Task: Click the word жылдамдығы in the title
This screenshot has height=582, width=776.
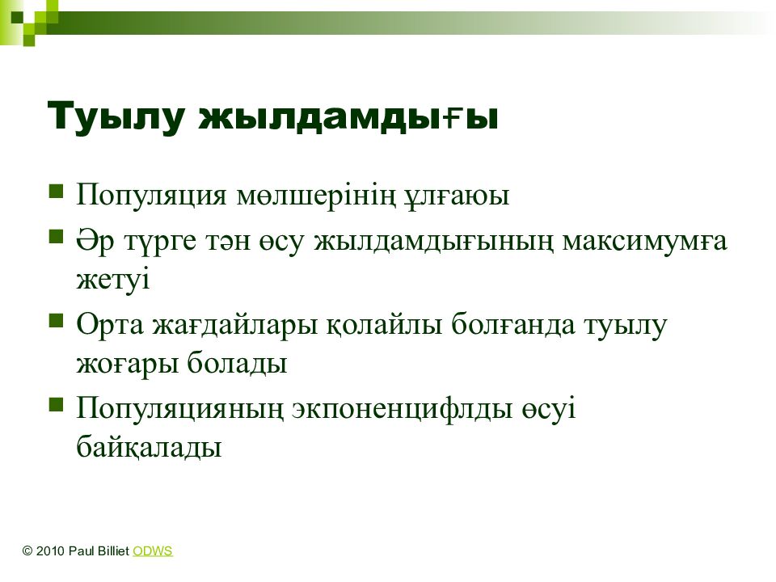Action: pyautogui.click(x=348, y=116)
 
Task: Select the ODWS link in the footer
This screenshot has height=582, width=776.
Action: pyautogui.click(x=153, y=550)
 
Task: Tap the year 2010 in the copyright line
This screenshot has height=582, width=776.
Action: pyautogui.click(x=50, y=550)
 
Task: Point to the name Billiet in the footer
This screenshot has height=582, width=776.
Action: pyautogui.click(x=112, y=550)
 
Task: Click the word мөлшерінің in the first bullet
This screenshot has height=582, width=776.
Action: pyautogui.click(x=316, y=195)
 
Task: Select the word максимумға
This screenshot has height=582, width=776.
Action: pyautogui.click(x=645, y=242)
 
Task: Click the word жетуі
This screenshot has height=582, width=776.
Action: pyautogui.click(x=113, y=279)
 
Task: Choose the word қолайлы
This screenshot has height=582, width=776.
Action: pyautogui.click(x=384, y=326)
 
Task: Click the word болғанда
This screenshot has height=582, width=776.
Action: pyautogui.click(x=513, y=325)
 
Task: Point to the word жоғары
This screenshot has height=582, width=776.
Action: pyautogui.click(x=127, y=364)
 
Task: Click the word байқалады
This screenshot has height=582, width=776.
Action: pyautogui.click(x=149, y=447)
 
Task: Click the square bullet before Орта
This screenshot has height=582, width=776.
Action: pyautogui.click(x=57, y=321)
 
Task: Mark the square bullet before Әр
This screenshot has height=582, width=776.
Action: pyautogui.click(x=57, y=237)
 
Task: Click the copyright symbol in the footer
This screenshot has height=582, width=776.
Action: pyautogui.click(x=27, y=550)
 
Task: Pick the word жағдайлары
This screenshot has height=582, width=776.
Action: pyautogui.click(x=234, y=326)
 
